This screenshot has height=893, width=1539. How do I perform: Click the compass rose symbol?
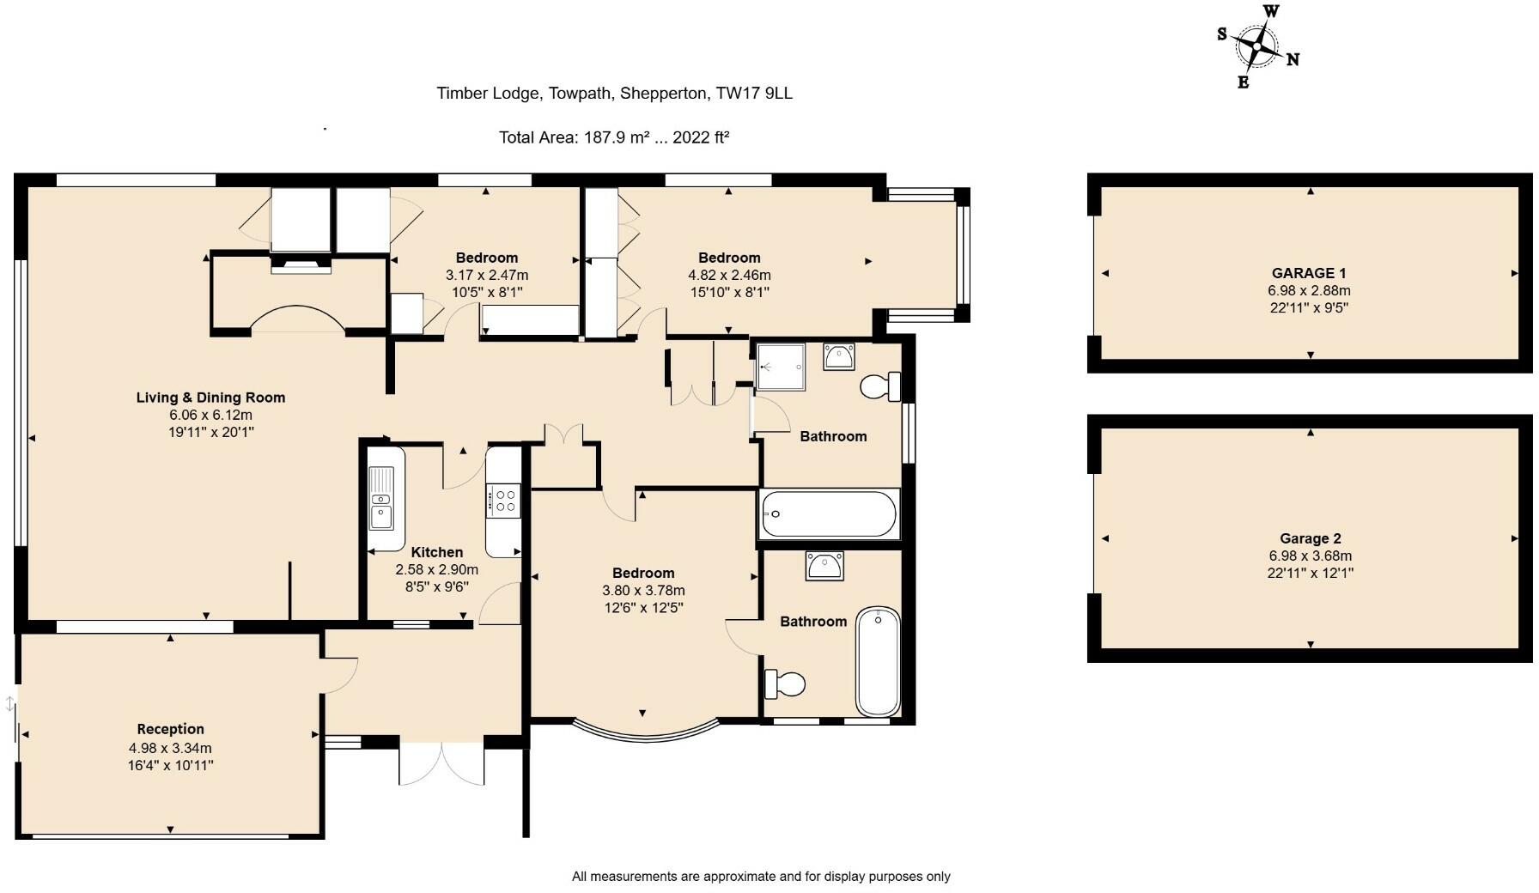tap(1258, 46)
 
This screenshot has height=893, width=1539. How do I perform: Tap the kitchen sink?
tap(381, 497)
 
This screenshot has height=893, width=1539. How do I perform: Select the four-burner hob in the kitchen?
tap(502, 500)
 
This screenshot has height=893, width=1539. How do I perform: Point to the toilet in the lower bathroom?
tap(785, 684)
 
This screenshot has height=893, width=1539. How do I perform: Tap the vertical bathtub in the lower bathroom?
tap(878, 662)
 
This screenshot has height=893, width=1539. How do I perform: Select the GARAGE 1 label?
tap(1310, 273)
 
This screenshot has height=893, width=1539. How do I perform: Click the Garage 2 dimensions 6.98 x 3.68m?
tap(1310, 556)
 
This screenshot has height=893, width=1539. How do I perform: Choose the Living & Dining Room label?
tap(210, 398)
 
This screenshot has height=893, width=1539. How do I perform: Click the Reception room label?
tap(171, 729)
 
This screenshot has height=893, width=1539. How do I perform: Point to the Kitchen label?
tap(437, 552)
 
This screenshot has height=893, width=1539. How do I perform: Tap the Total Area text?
tap(614, 137)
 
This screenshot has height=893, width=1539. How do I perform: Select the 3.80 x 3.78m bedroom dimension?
tap(643, 591)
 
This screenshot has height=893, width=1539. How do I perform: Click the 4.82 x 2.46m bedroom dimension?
tap(729, 276)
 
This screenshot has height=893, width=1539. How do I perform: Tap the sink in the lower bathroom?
tap(824, 566)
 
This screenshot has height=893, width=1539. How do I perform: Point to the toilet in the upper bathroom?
tap(880, 386)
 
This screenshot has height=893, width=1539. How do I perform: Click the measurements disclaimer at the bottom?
tap(761, 877)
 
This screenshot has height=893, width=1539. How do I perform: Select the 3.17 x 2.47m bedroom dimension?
tap(487, 276)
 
